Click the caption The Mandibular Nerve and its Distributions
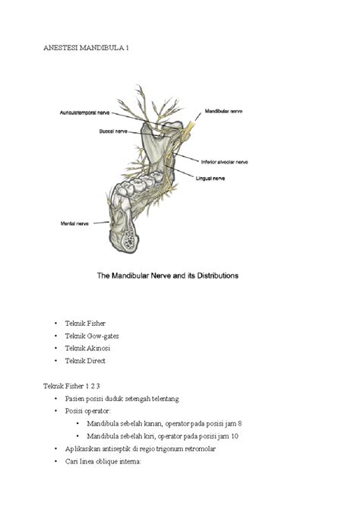pos(179,276)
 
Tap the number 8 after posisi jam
pos(239,423)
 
